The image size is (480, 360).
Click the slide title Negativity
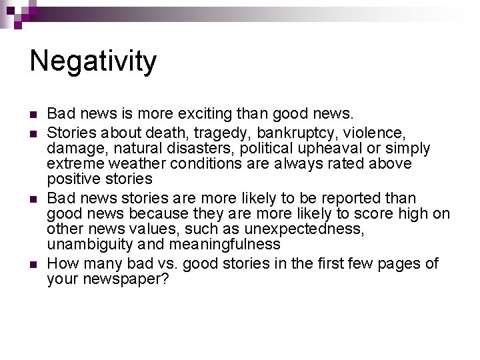pos(93,61)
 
